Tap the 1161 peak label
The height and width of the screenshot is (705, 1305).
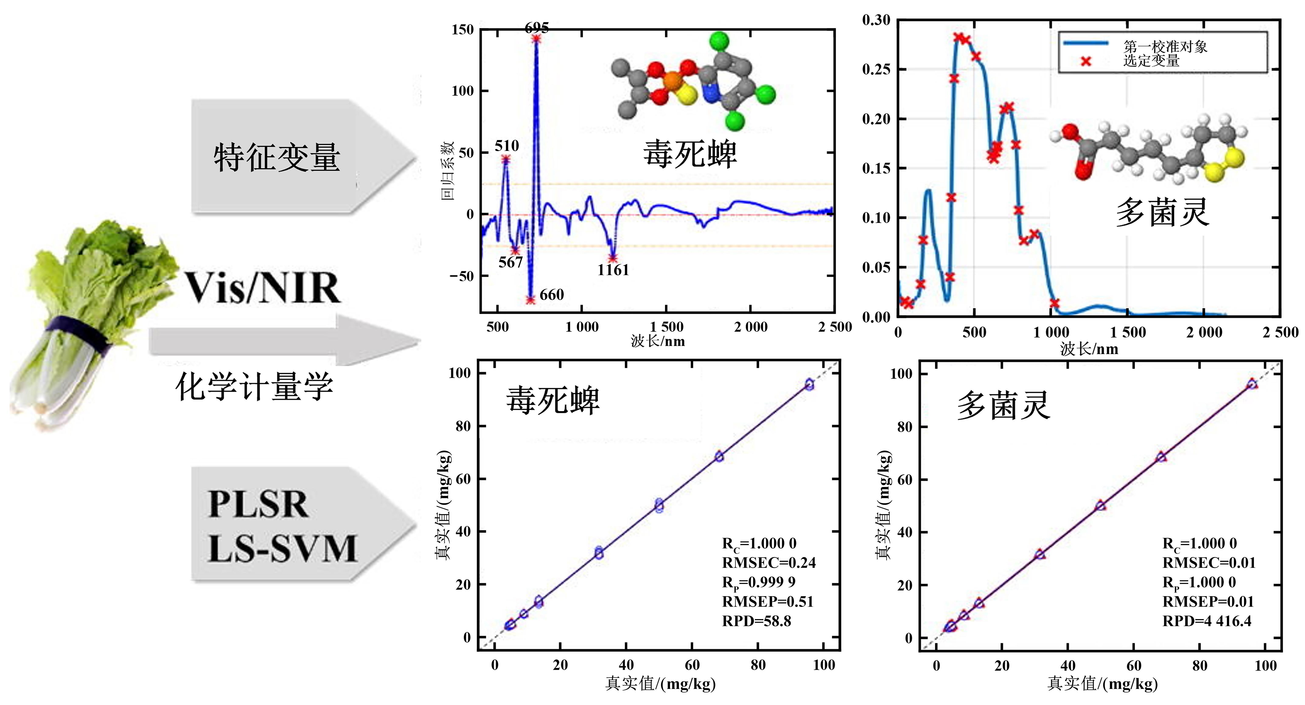pos(613,270)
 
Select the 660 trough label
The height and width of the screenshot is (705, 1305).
pos(551,295)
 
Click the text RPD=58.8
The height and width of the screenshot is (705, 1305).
pos(756,621)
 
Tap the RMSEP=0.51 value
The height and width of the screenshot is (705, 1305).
pos(768,602)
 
